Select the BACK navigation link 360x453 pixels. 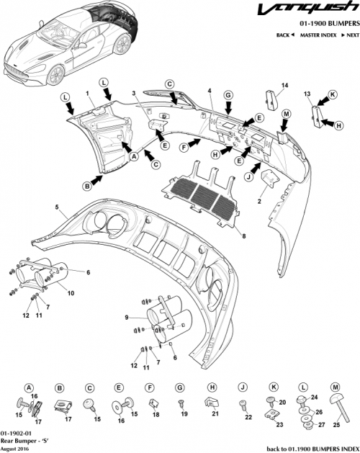(286, 35)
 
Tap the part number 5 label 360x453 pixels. (56, 207)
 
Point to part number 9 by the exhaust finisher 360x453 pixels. (127, 317)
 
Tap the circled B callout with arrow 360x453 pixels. (86, 185)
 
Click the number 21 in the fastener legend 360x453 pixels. (215, 413)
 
